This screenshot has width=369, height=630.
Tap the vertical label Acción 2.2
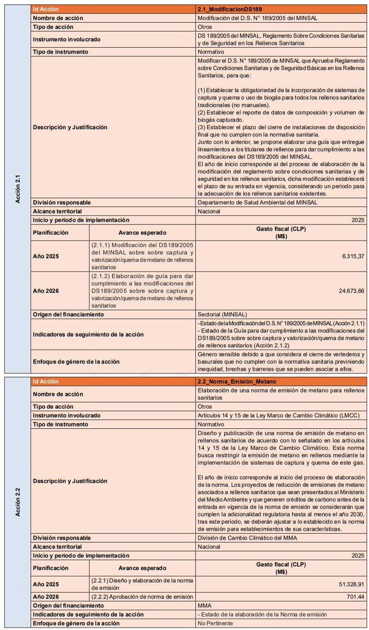pos(17,502)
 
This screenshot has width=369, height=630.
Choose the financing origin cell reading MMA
pos(205,606)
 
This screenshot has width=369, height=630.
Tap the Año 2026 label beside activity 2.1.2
pos(46,291)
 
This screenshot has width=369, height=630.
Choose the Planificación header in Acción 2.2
pos(51,568)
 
